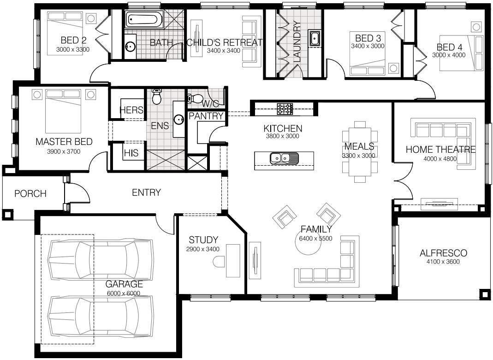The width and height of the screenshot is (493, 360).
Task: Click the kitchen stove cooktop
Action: coord(285,109)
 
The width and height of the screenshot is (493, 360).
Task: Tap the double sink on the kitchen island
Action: coord(284,158)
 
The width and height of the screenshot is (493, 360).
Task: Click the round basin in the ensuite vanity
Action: coord(179,119)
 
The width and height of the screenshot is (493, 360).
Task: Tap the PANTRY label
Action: coord(206,116)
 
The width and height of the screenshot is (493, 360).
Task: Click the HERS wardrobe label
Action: coord(131,110)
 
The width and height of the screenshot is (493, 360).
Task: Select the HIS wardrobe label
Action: coord(131,153)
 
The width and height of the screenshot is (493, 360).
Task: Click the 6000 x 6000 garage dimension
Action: coord(124,293)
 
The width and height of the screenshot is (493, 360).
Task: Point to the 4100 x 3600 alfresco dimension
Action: coord(443,262)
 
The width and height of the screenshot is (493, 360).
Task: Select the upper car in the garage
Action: coord(101,259)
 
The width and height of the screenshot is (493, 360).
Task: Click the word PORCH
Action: coord(30,193)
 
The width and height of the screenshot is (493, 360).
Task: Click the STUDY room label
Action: coord(203,240)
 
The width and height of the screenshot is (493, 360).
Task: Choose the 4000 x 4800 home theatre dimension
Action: coord(440,159)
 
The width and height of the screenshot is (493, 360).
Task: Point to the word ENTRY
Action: coord(146,192)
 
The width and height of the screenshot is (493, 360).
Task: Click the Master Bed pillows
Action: coord(64,94)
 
